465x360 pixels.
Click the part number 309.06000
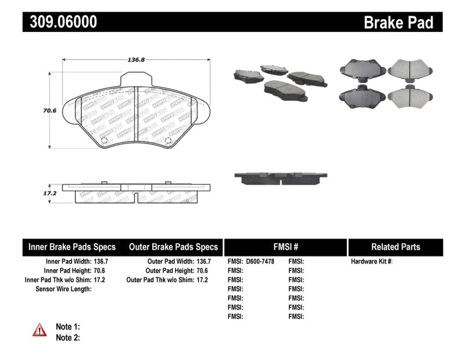60,22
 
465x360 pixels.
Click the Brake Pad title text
398,22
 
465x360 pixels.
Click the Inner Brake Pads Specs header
71,247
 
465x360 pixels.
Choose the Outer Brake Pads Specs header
173,247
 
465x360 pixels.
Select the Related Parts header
395,247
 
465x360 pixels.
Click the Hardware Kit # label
371,262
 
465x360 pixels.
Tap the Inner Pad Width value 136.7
100,262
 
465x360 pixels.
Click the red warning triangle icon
40,330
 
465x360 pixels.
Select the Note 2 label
67,337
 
